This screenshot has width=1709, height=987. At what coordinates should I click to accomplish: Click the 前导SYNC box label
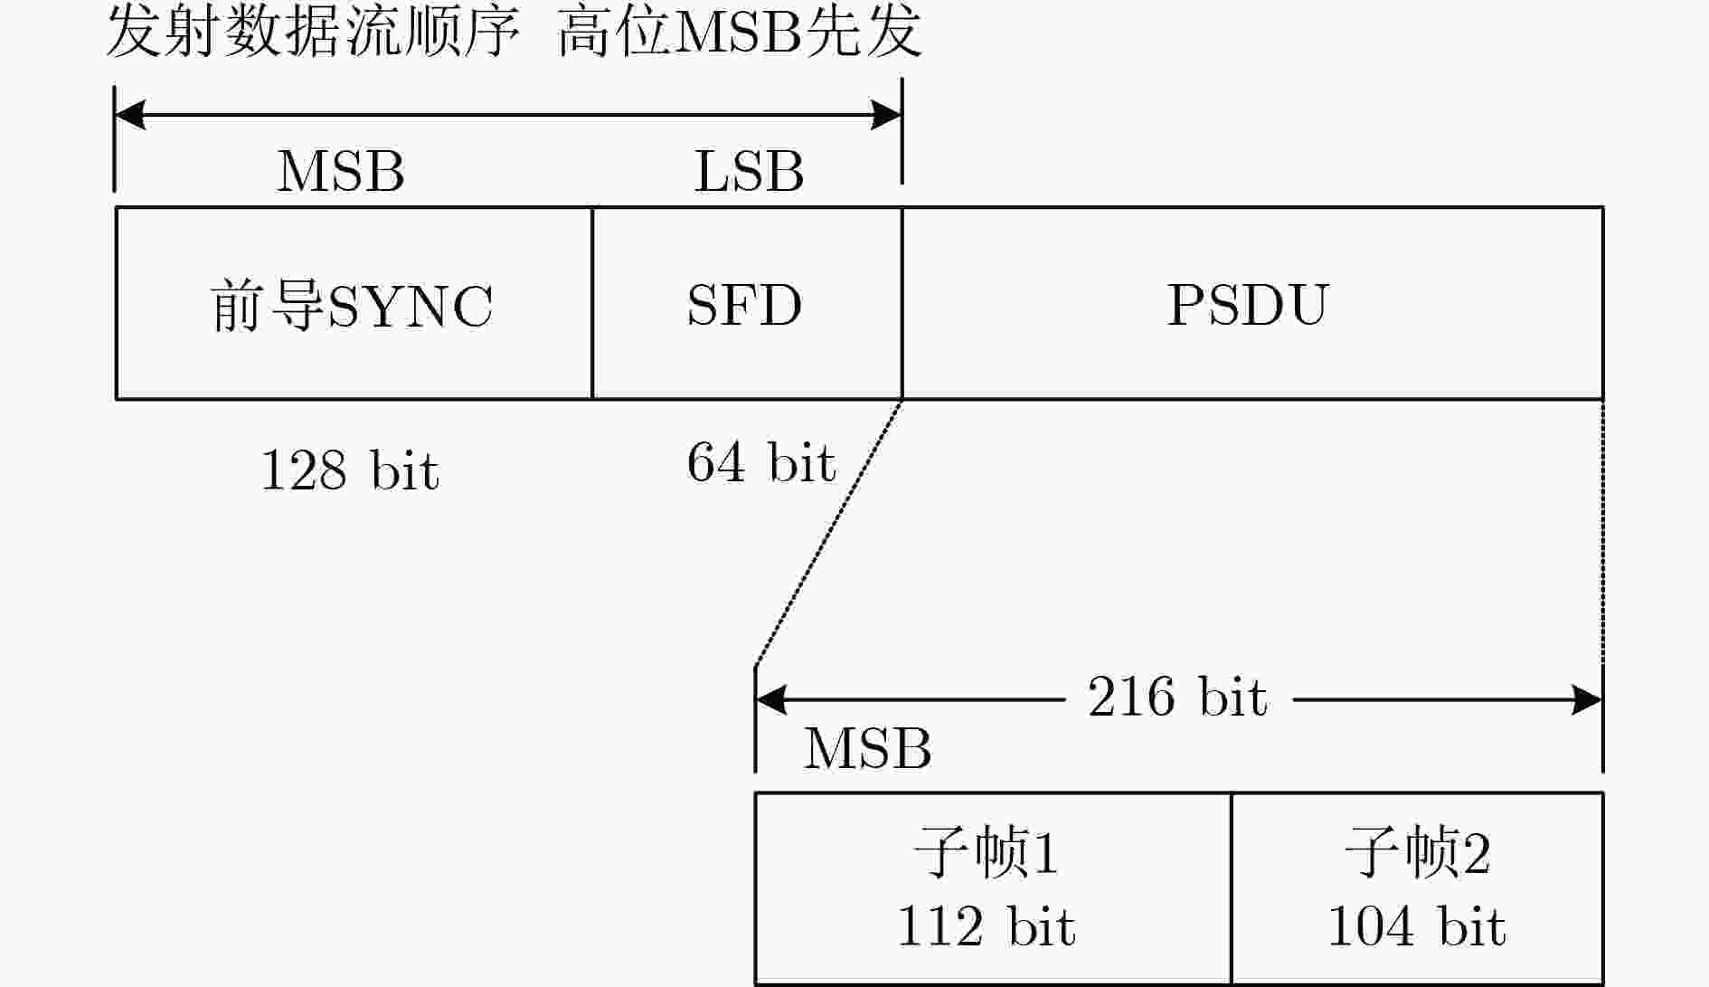353,305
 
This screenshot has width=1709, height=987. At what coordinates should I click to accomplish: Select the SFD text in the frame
744,305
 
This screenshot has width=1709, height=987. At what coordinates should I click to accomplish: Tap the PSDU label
1248,305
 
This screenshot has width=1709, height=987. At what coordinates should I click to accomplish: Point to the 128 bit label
350,470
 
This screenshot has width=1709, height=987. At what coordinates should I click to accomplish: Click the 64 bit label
761,462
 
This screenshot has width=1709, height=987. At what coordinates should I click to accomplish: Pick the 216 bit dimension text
1177,697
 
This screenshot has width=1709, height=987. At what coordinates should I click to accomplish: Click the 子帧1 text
986,852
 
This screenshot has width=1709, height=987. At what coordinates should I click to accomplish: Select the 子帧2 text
1417,852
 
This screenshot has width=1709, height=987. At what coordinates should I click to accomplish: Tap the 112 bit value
986,926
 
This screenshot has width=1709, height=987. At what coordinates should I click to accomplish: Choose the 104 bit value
1417,926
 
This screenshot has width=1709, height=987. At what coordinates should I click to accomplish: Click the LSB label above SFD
749,171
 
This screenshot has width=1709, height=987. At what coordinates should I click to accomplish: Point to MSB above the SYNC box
340,171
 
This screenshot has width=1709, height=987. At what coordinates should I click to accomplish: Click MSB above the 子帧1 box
867,748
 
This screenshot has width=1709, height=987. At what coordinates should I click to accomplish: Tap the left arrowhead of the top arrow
130,116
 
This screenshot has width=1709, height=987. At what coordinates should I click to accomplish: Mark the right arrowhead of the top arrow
886,116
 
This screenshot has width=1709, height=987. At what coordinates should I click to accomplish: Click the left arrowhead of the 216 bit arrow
770,699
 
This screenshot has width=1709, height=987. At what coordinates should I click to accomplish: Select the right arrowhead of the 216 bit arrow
1588,699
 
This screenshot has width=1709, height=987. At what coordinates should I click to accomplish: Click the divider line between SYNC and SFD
592,303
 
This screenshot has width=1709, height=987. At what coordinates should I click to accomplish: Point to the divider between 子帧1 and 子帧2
1232,888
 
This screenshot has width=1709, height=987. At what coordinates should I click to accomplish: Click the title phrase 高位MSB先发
739,33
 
